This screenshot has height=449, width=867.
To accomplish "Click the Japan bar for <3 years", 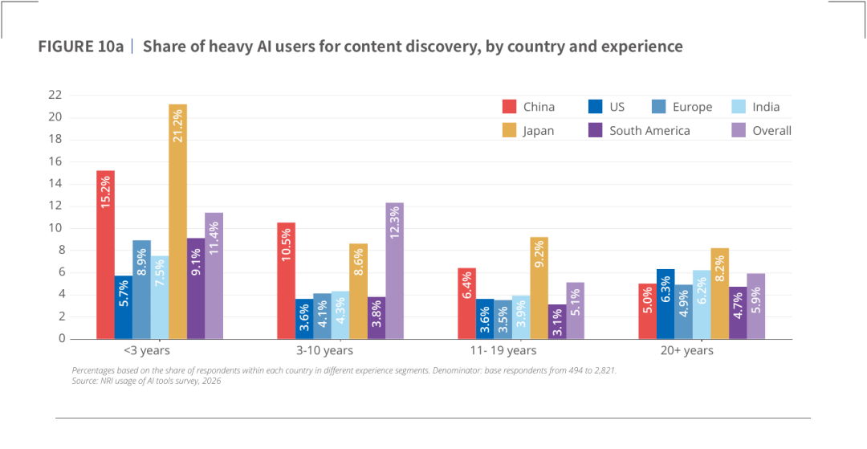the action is click(x=177, y=221).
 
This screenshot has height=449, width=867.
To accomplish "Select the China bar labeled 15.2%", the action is click(x=105, y=255).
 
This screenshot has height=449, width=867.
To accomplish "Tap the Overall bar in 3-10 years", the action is click(x=395, y=271).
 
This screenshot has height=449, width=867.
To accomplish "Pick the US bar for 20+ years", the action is click(x=666, y=304).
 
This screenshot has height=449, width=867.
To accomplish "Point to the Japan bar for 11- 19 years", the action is click(x=539, y=288).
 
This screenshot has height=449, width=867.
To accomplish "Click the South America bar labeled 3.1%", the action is click(x=557, y=322).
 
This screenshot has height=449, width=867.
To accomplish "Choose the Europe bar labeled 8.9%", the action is click(x=141, y=290).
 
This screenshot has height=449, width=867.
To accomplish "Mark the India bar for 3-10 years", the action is click(x=340, y=315).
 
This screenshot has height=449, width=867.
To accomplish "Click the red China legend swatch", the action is click(x=509, y=107).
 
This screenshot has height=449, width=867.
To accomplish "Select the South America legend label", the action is click(x=649, y=131).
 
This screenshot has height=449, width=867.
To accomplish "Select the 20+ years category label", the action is click(x=702, y=350).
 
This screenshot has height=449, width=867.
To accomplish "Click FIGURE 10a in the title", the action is click(x=80, y=47).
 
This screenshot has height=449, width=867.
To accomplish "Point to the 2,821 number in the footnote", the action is click(x=604, y=371).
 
